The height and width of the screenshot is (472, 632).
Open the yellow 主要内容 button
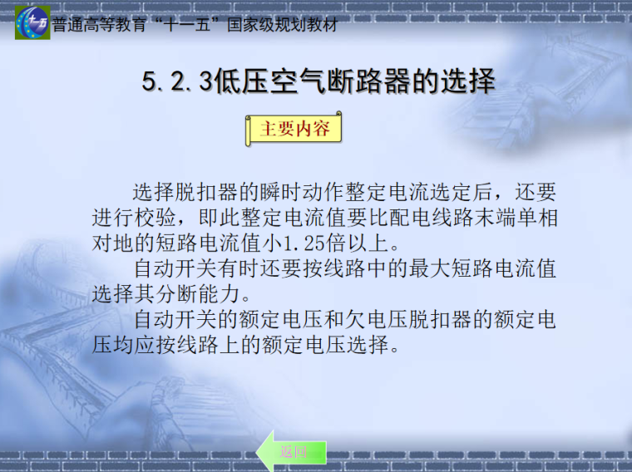pyautogui.click(x=294, y=130)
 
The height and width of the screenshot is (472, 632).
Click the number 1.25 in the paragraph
pyautogui.click(x=307, y=244)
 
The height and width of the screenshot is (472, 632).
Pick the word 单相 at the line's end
pyautogui.click(x=536, y=219)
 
